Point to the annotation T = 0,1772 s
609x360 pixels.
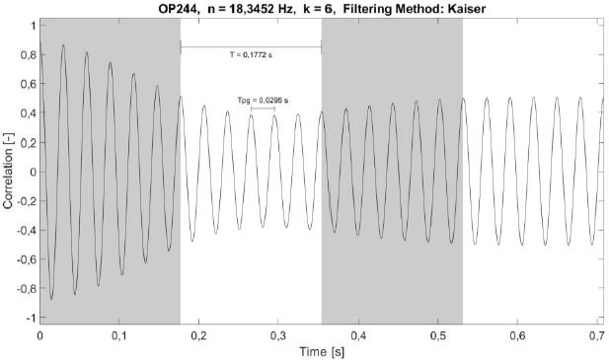pos(251,54)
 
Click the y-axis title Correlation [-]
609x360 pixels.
pos(9,172)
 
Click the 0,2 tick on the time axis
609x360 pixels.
pos(199,335)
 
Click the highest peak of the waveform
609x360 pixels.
pos(63,45)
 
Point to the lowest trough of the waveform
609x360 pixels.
pos(51,299)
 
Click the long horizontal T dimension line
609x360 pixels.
pos(251,46)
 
